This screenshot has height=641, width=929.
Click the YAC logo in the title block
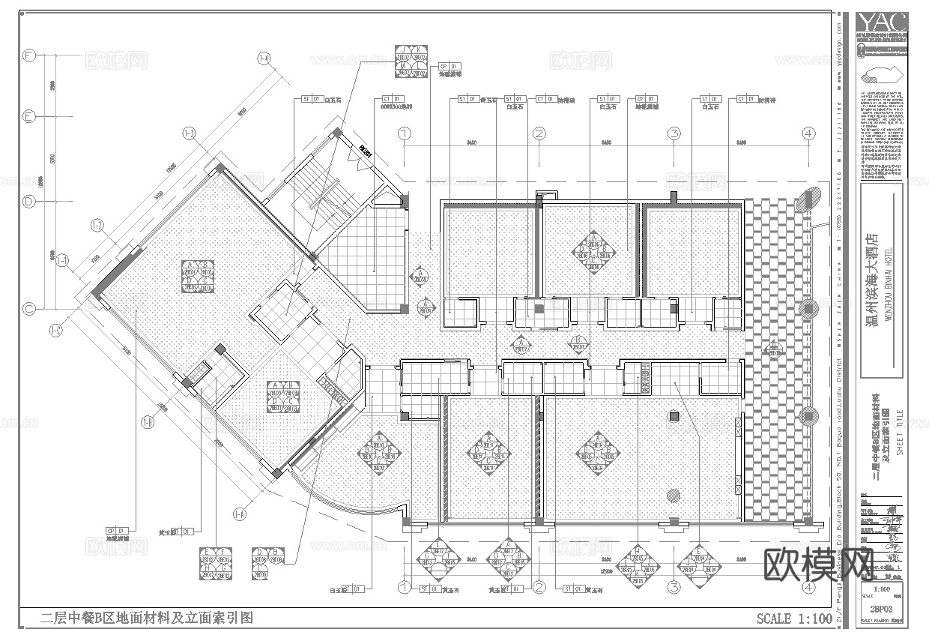883,22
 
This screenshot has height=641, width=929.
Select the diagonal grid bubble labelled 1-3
189,134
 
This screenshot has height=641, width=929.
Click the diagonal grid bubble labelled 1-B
148,422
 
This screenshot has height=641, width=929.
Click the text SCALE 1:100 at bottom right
794,619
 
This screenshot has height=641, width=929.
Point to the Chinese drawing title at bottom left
146,619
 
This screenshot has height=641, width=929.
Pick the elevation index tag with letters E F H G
216,564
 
